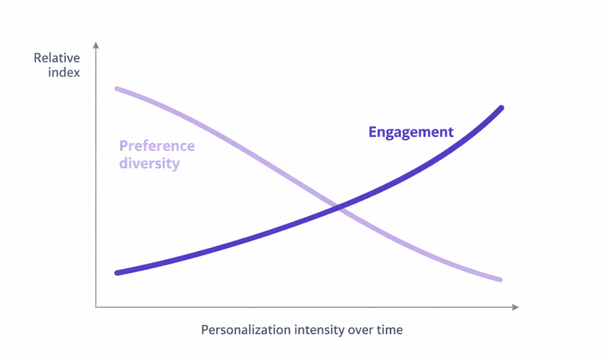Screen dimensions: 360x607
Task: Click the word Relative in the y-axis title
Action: tap(57, 58)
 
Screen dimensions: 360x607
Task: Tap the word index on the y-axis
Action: tap(64, 72)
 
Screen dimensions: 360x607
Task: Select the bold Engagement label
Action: tap(410, 132)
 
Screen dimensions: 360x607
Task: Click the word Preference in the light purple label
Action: tap(157, 146)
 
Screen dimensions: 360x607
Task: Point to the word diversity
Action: tap(149, 163)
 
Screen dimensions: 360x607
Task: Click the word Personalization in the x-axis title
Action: tap(246, 330)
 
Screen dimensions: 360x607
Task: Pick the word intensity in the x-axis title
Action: tap(318, 330)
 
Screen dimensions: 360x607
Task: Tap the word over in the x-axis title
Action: tap(360, 330)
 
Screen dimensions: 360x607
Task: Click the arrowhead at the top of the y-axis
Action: tap(96, 45)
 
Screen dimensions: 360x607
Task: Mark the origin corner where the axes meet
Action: tap(96, 307)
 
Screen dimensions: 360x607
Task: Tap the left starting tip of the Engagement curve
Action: tap(117, 273)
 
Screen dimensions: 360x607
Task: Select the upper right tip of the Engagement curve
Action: tap(501, 108)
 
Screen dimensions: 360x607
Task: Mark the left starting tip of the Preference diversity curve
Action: tap(117, 89)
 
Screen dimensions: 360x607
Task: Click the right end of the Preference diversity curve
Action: tap(500, 279)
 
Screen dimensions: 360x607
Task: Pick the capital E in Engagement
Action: tap(373, 132)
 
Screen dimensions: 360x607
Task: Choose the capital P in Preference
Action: tap(123, 146)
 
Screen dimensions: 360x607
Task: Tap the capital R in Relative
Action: tap(37, 58)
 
